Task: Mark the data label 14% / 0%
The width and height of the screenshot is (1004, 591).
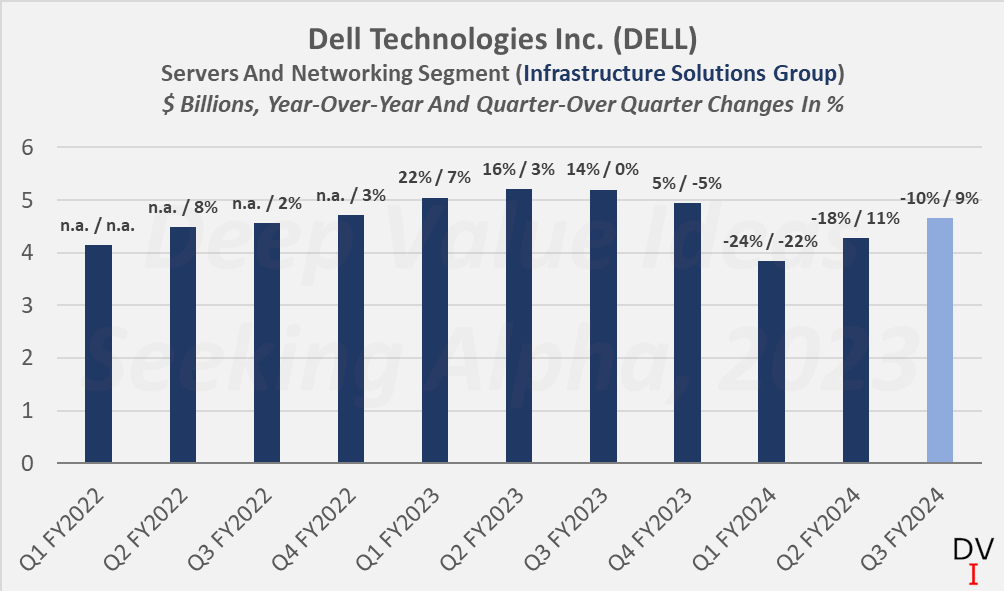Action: click(603, 169)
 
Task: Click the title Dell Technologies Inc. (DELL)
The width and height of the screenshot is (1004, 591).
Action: click(502, 40)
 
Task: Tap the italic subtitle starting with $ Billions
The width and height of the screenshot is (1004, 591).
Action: click(502, 105)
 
